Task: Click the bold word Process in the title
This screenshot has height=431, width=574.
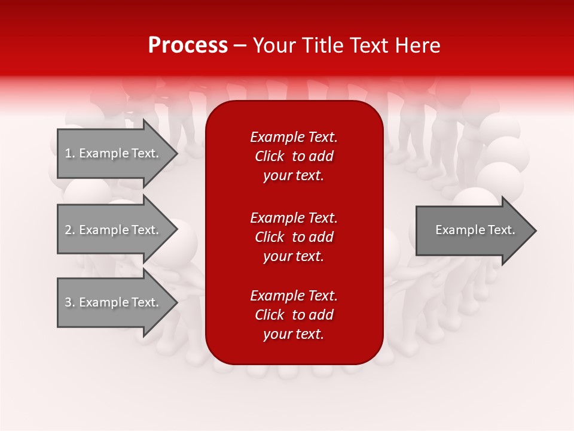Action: (188, 45)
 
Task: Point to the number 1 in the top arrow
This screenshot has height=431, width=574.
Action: (68, 153)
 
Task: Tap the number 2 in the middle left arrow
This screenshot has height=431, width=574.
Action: (68, 230)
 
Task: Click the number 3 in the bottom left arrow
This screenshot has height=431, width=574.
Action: (68, 302)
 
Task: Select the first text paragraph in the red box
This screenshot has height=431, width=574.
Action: (294, 156)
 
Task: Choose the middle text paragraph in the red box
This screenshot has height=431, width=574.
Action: (294, 237)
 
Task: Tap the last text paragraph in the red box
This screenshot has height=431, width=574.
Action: (294, 315)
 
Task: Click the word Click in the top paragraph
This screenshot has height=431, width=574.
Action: (270, 156)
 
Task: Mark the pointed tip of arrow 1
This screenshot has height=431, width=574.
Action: (176, 154)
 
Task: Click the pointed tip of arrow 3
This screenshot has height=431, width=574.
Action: (176, 302)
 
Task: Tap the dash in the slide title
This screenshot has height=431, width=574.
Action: (240, 45)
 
